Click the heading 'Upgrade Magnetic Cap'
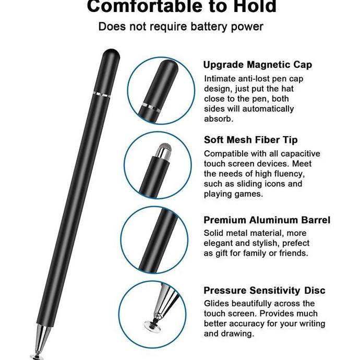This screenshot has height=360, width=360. (x=257, y=65)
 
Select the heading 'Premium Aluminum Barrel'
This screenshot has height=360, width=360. (x=267, y=220)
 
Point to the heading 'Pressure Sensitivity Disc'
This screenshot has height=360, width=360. (x=264, y=290)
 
